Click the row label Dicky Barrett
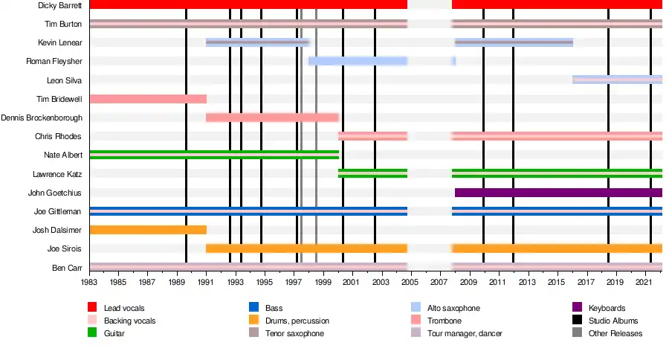click(59, 5)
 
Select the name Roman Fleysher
click(54, 61)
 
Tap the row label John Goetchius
click(54, 193)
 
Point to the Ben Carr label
click(66, 267)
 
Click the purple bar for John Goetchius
click(557, 193)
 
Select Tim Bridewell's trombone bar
click(147, 99)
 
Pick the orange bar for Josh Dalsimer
click(147, 230)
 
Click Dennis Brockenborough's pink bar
click(272, 118)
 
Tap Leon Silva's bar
click(617, 80)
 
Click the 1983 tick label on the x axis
click(89, 283)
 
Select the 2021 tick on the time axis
click(644, 283)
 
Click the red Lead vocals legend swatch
click(93, 308)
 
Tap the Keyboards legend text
click(607, 308)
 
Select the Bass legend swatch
click(254, 308)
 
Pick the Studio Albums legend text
click(613, 321)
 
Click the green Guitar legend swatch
click(93, 333)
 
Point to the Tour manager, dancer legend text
click(465, 333)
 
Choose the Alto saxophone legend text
click(453, 308)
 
